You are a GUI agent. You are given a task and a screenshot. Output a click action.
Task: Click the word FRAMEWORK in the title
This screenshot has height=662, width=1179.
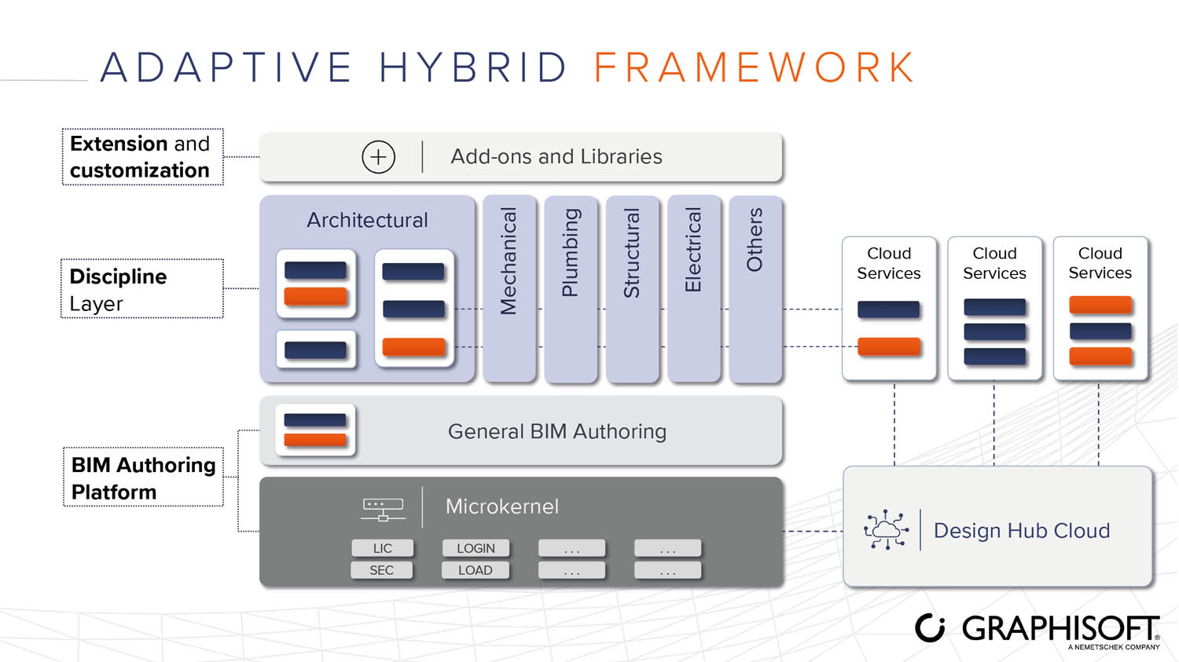(x=755, y=68)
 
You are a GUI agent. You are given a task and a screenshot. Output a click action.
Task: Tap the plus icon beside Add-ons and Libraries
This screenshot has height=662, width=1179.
(x=378, y=157)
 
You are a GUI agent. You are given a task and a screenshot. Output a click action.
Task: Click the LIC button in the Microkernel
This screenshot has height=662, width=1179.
(x=382, y=548)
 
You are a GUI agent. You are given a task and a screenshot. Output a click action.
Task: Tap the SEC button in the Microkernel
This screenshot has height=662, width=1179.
(x=382, y=570)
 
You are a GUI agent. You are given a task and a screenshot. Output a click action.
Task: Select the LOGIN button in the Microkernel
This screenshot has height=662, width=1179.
(x=476, y=548)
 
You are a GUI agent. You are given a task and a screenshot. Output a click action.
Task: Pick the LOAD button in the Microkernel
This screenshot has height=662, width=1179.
(x=476, y=570)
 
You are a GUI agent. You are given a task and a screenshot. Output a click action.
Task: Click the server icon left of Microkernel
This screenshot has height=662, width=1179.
(x=383, y=509)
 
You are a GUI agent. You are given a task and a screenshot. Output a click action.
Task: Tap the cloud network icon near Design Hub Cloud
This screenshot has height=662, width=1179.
(x=886, y=530)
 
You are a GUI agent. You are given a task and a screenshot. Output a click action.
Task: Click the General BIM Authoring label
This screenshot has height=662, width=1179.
(x=556, y=431)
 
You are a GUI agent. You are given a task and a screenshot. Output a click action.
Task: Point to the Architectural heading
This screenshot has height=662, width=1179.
(x=367, y=220)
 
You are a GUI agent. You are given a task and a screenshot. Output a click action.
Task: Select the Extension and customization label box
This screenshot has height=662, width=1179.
(x=142, y=157)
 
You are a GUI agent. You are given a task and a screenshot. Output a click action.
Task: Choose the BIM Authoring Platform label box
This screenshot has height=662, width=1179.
(x=143, y=477)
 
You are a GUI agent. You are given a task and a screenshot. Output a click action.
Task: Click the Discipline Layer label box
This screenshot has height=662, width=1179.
(x=142, y=289)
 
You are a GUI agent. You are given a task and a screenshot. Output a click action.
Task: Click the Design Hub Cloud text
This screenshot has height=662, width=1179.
(x=1021, y=531)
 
